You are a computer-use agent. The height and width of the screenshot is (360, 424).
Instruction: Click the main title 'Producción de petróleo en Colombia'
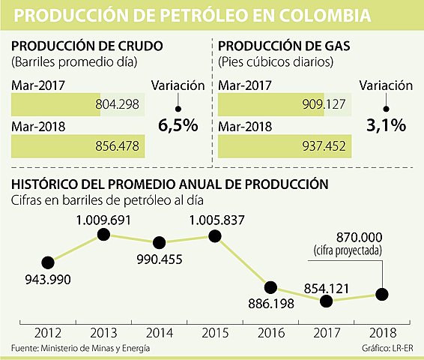(x=193, y=16)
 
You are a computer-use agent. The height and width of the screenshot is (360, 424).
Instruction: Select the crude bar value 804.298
(x=121, y=104)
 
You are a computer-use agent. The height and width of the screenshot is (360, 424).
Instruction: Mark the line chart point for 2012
(x=49, y=262)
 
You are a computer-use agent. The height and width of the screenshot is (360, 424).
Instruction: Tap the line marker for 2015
(x=215, y=235)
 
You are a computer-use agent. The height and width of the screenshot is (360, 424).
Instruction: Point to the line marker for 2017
(x=326, y=301)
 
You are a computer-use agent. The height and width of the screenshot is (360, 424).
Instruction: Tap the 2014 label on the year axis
(x=160, y=331)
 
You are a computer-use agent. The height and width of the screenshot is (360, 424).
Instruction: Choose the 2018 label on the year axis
(x=382, y=331)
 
